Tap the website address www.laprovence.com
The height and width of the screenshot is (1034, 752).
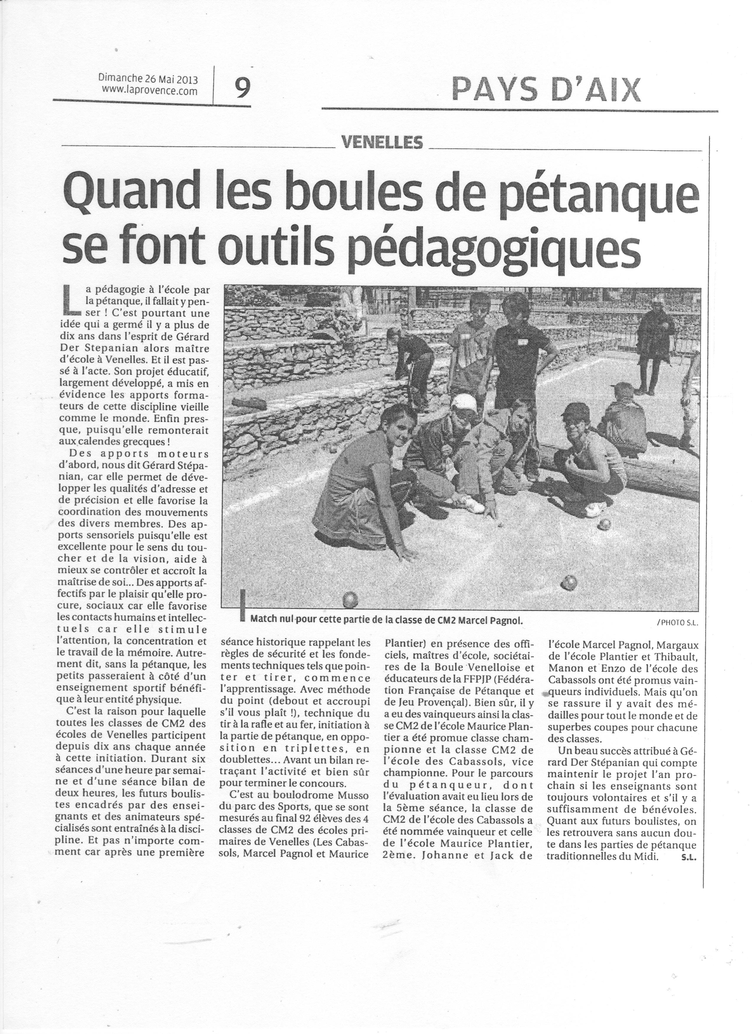coord(150,91)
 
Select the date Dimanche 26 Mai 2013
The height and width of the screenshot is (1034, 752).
coord(148,78)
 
